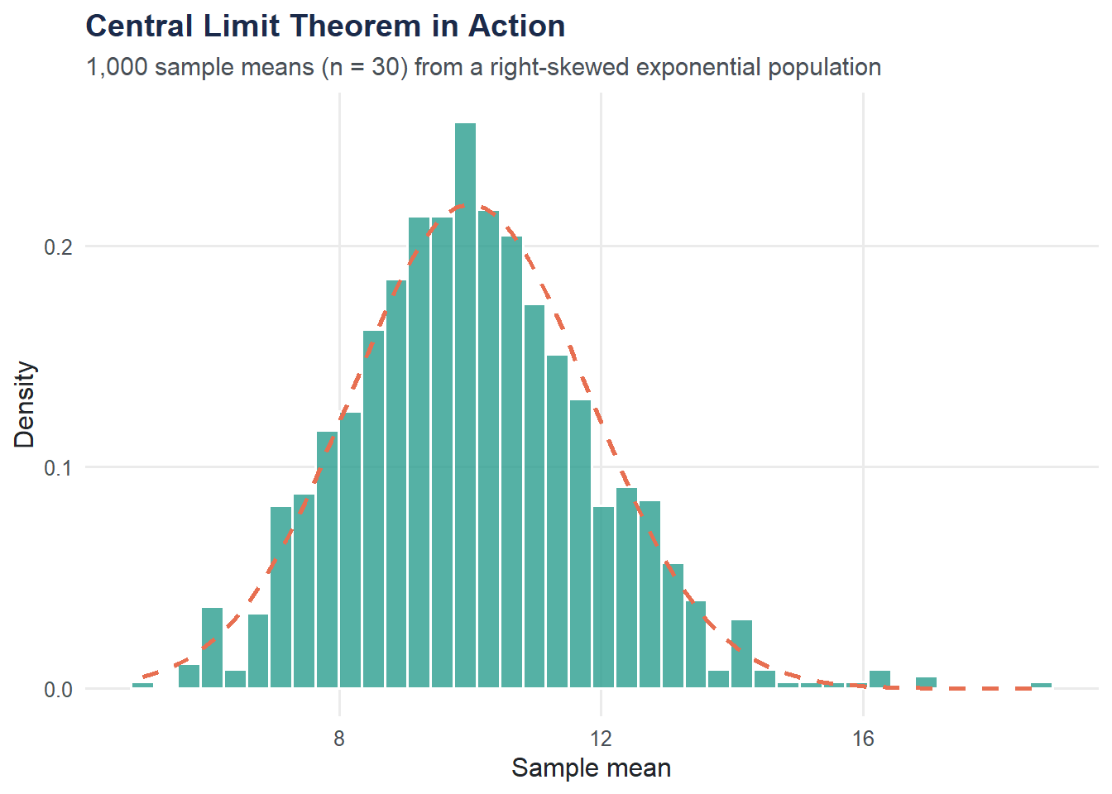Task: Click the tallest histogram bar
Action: (x=465, y=405)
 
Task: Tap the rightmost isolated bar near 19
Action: (x=1042, y=685)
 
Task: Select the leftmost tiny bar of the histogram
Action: (x=142, y=685)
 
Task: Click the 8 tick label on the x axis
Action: (x=339, y=739)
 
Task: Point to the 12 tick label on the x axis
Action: (x=601, y=739)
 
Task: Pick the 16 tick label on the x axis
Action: (x=863, y=739)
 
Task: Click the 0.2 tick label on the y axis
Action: (x=58, y=247)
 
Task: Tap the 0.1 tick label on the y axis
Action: (x=58, y=468)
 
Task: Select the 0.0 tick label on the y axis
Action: (x=58, y=690)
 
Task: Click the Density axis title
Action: (x=26, y=404)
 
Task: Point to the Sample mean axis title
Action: (x=591, y=768)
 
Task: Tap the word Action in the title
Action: (x=517, y=26)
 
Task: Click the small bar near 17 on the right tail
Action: (x=926, y=682)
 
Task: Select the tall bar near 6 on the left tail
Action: (x=213, y=648)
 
